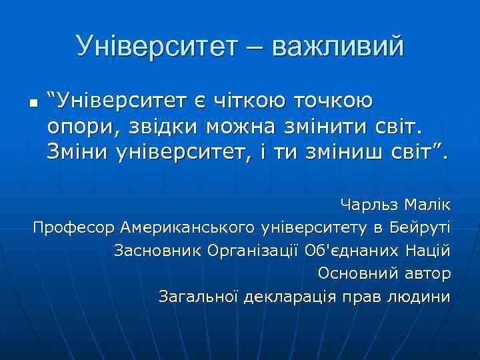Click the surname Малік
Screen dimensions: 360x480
tap(427, 204)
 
